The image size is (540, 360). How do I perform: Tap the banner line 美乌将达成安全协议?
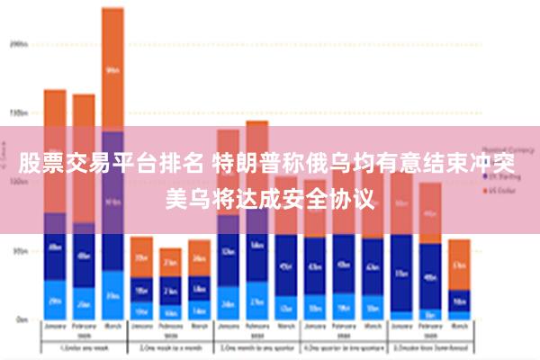tap(269, 197)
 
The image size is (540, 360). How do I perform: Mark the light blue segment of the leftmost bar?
tap(55, 301)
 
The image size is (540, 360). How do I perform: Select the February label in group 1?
tap(84, 329)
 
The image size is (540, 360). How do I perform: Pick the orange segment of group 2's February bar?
tap(170, 262)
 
